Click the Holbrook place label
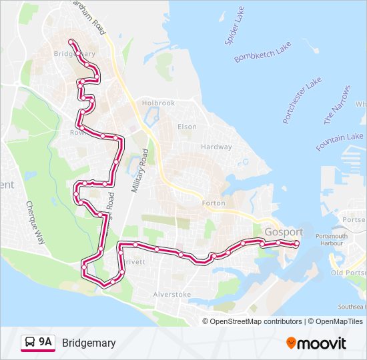(158, 103)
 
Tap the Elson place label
(187, 127)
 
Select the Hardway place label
(216, 147)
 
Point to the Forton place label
(214, 203)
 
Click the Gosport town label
(284, 232)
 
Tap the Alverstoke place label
(172, 294)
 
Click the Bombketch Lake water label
(263, 52)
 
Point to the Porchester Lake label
(302, 100)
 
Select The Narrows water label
(337, 105)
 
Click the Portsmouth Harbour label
(330, 240)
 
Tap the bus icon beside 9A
(30, 343)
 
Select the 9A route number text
(45, 342)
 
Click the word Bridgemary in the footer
(89, 343)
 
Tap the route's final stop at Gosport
(296, 244)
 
